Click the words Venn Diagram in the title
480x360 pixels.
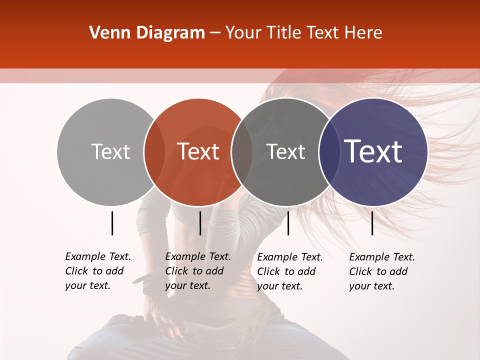click(146, 33)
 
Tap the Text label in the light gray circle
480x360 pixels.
click(110, 151)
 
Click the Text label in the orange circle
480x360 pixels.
click(198, 151)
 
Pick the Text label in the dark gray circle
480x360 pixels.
click(285, 151)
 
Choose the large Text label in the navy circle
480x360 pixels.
click(373, 151)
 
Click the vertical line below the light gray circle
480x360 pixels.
click(112, 223)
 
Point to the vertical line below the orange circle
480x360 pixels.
click(200, 223)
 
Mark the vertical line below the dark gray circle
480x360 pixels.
click(288, 223)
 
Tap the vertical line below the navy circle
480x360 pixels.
click(372, 223)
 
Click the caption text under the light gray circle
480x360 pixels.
click(98, 271)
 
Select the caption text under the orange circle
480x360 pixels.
click(198, 271)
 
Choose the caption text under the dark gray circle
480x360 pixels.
click(290, 271)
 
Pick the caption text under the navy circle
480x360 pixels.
click(382, 271)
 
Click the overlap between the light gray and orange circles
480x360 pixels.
click(154, 151)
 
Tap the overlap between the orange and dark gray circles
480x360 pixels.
click(241, 151)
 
